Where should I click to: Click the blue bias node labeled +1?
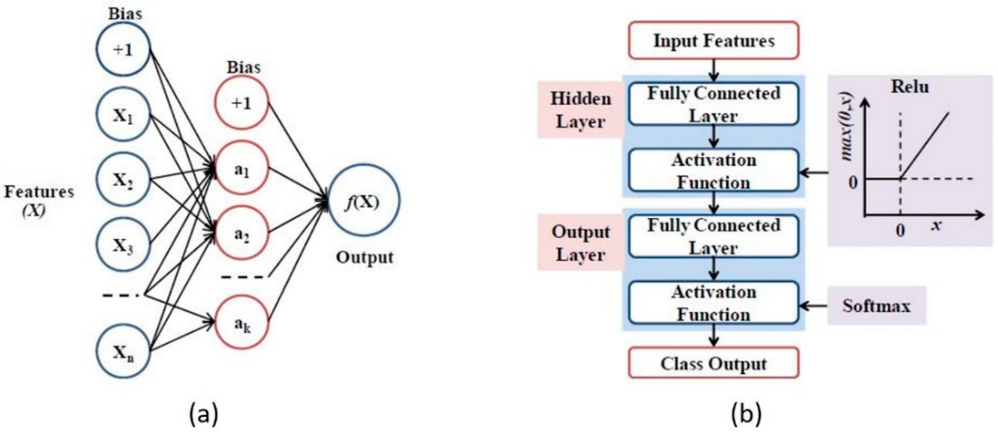123,49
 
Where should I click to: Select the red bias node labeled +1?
242,103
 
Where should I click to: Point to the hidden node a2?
242,235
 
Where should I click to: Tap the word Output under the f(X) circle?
364,257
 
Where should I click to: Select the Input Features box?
714,41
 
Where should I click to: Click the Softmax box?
876,306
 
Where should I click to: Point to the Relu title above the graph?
910,86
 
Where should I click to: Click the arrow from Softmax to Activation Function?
814,306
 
